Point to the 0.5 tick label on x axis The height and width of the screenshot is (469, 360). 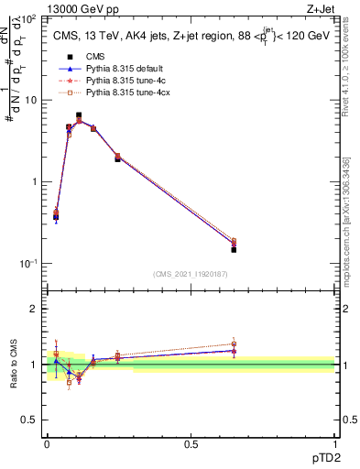pos(191,443)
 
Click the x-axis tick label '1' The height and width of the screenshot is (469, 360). pos(334,443)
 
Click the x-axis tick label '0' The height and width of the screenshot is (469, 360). pos(47,443)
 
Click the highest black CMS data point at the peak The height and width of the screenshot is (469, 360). pos(79,115)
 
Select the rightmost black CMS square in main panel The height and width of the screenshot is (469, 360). pos(234,249)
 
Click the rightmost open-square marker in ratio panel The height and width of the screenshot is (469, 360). pos(234,344)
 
